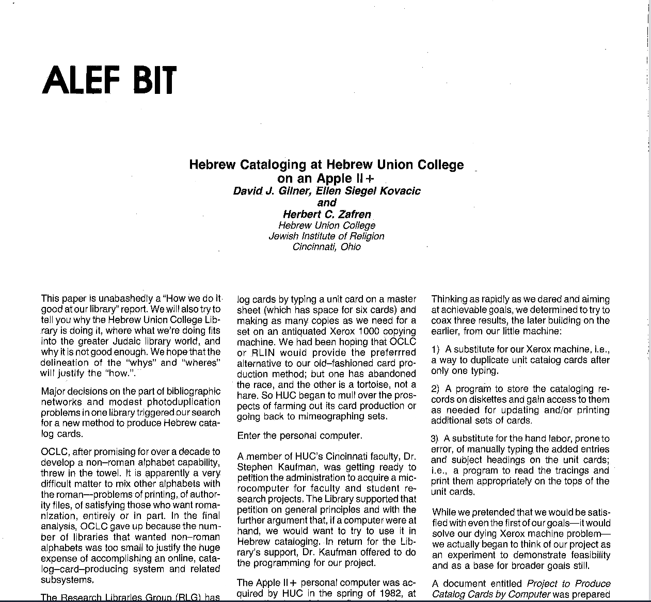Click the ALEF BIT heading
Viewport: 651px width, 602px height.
tap(109, 80)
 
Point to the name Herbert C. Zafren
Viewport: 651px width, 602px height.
tap(327, 214)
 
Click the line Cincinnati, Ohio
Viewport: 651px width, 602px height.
tap(326, 247)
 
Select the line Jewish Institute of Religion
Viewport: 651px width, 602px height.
tap(326, 236)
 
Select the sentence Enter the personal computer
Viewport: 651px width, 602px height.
tap(299, 435)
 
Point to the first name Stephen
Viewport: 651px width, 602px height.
tap(255, 467)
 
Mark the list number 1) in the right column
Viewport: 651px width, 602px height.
tap(435, 349)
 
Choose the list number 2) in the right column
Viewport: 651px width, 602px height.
tap(435, 389)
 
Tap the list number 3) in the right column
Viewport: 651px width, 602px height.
tap(435, 439)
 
